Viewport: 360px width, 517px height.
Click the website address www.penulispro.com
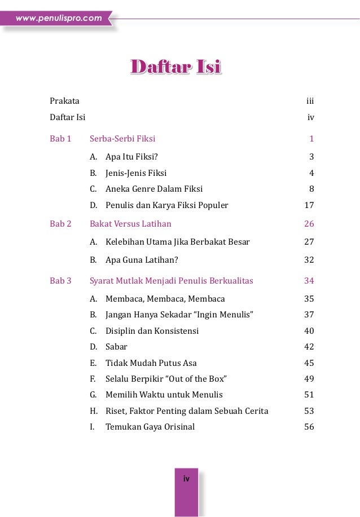pos(59,19)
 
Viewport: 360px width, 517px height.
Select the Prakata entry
pos(64,101)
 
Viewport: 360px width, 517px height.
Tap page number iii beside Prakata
pos(310,101)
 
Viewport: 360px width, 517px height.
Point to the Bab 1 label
pos(60,138)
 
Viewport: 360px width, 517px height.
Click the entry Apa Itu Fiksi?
pos(135,157)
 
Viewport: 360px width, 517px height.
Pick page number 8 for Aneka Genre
pos(311,189)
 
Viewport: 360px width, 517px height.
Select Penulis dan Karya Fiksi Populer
pos(166,205)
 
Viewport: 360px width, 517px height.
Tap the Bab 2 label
pos(60,224)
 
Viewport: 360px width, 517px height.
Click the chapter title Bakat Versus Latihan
pos(130,224)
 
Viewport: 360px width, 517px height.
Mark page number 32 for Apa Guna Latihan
pos(309,260)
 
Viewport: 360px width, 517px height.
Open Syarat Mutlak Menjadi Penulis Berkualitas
pos(172,281)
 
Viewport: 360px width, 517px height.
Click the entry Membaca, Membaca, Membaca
pos(165,299)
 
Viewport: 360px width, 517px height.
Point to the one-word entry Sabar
pos(116,347)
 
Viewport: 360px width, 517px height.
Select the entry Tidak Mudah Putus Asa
pos(151,363)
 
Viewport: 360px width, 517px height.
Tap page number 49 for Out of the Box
pos(309,379)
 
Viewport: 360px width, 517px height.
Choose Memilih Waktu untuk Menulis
pos(164,395)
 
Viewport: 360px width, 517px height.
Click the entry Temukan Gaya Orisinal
pos(150,427)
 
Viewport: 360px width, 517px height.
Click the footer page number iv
pos(186,479)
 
